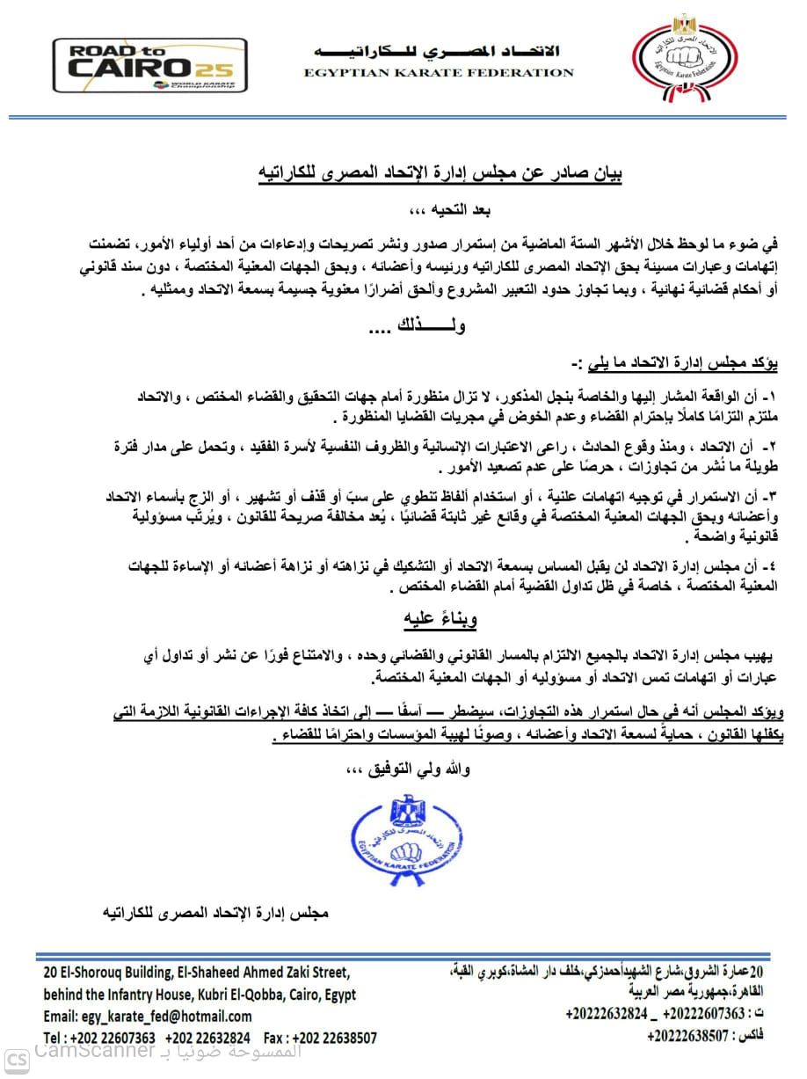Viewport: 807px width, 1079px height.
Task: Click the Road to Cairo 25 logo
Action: point(149,66)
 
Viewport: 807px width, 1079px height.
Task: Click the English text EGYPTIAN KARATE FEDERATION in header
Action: point(439,73)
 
